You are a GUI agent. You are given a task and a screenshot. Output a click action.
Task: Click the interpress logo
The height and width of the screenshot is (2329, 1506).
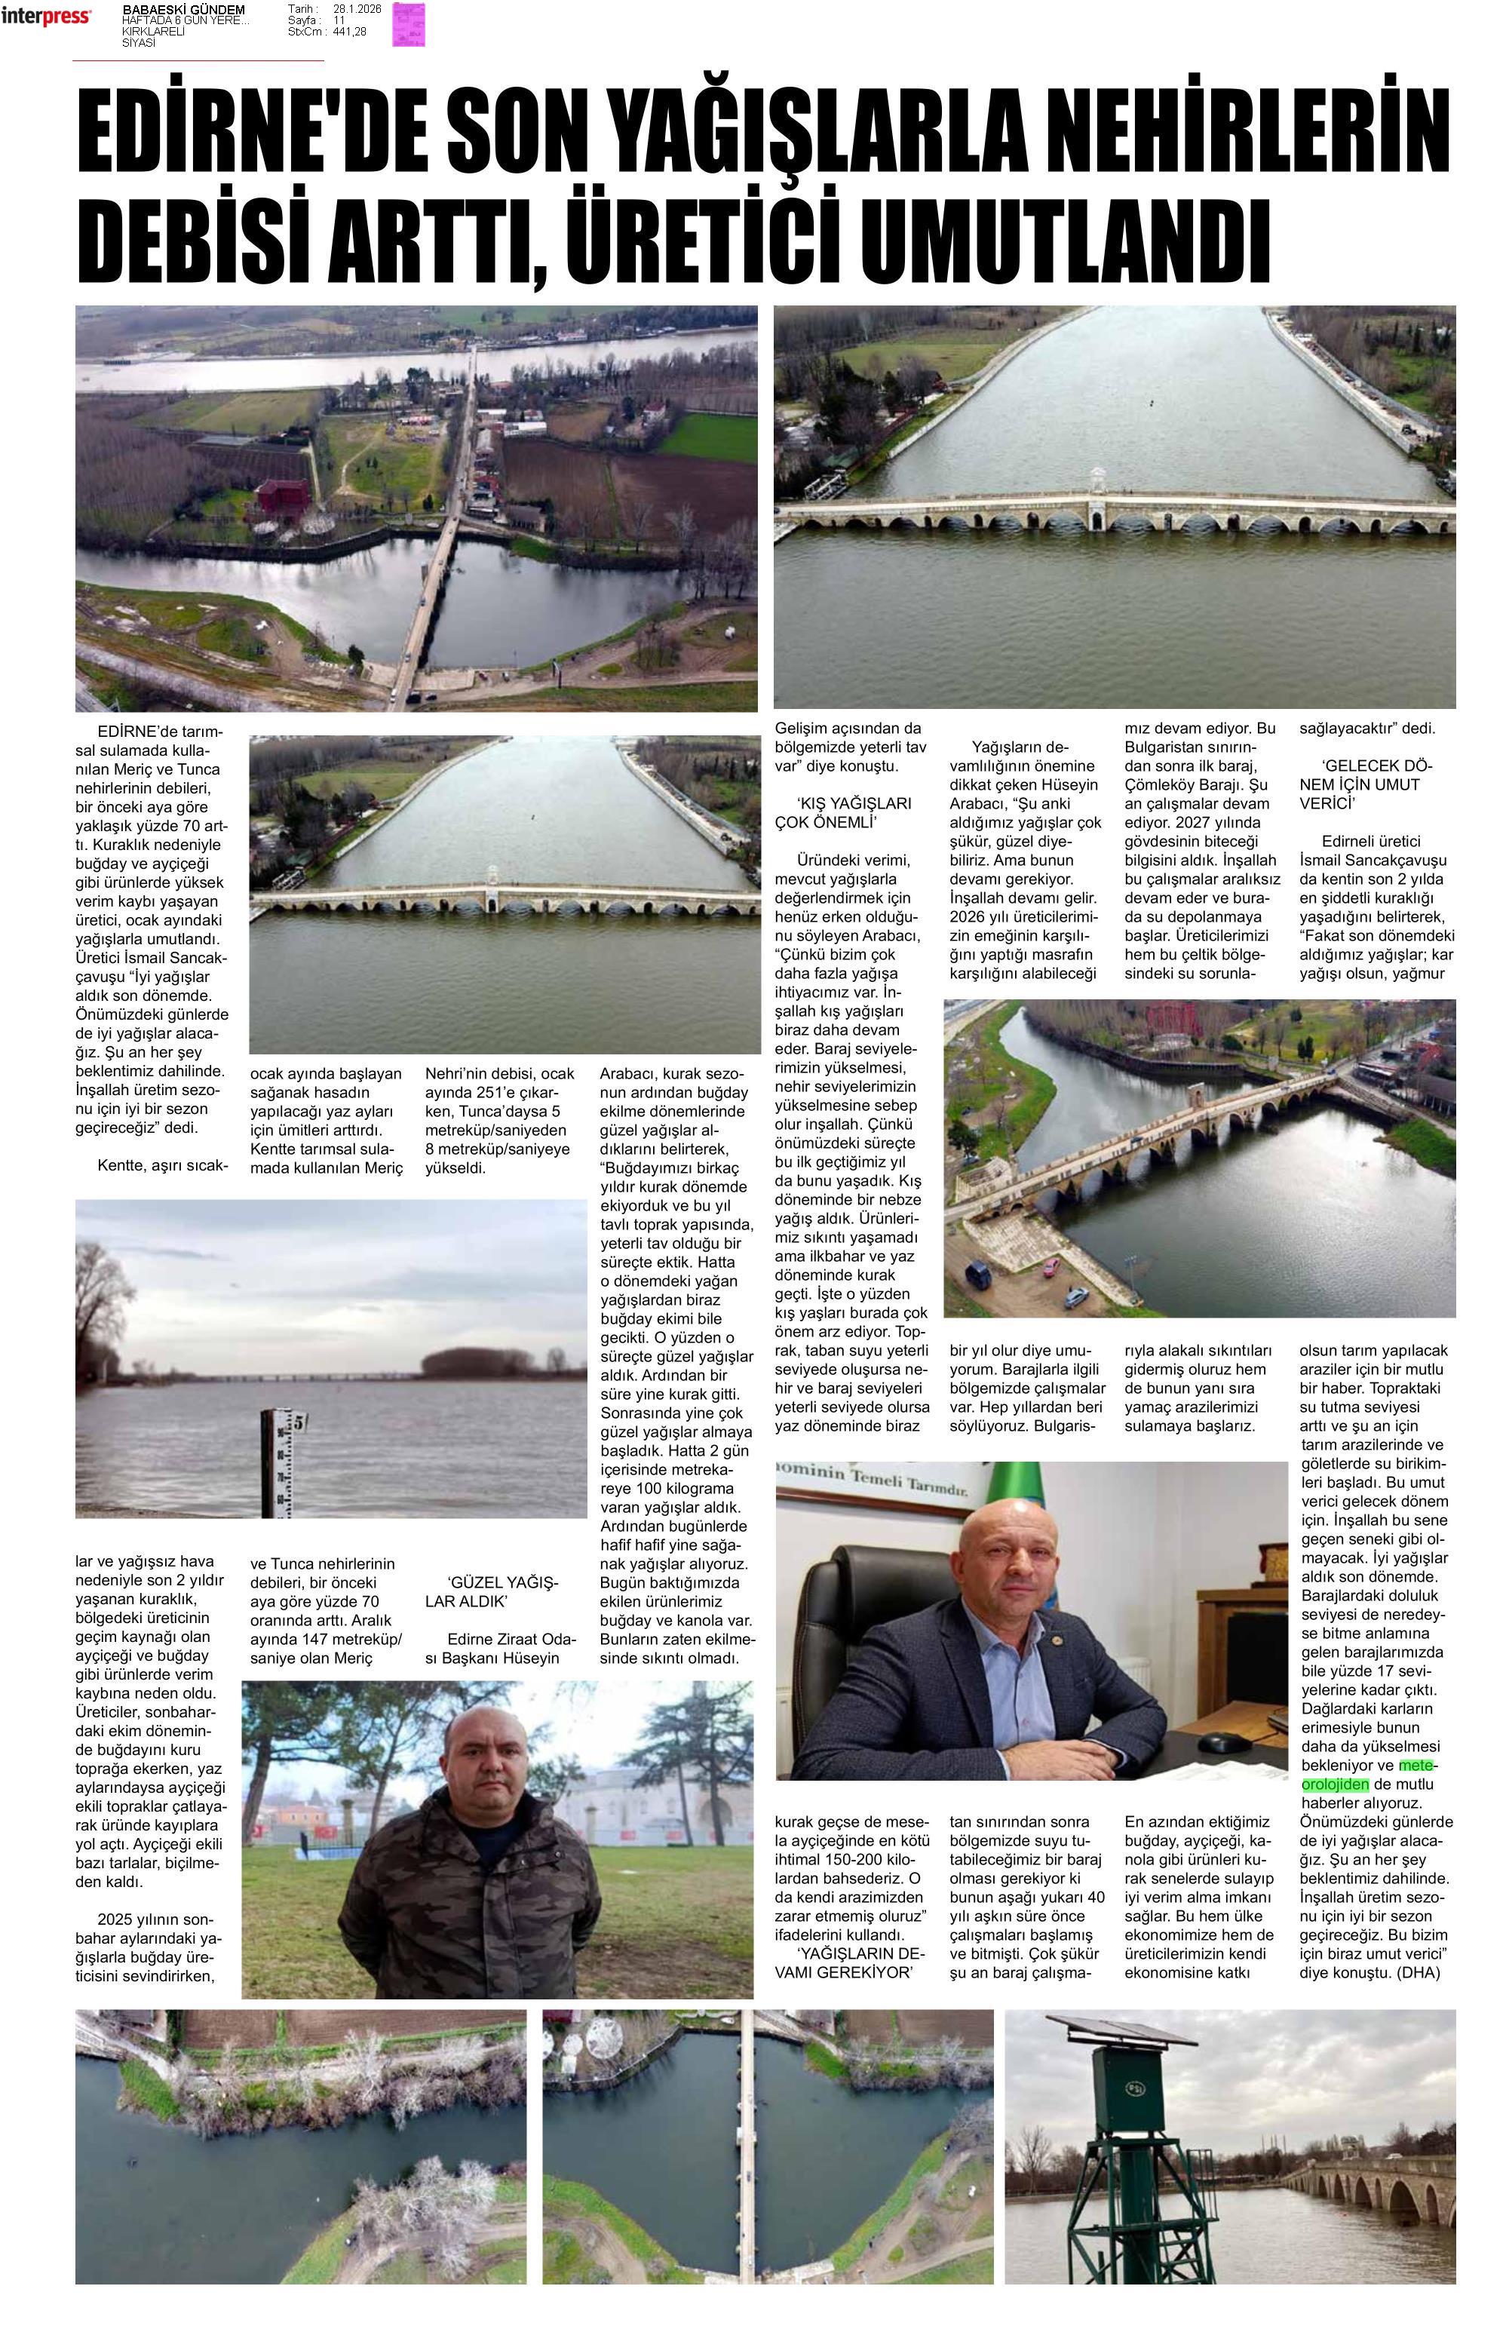(x=46, y=17)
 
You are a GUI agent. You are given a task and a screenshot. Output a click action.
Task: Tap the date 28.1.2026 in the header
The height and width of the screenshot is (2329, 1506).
(x=357, y=9)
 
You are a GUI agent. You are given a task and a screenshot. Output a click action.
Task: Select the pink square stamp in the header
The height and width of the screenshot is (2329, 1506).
(x=409, y=24)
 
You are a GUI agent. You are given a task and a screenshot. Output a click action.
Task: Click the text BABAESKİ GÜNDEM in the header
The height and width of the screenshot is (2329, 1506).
(x=182, y=10)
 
